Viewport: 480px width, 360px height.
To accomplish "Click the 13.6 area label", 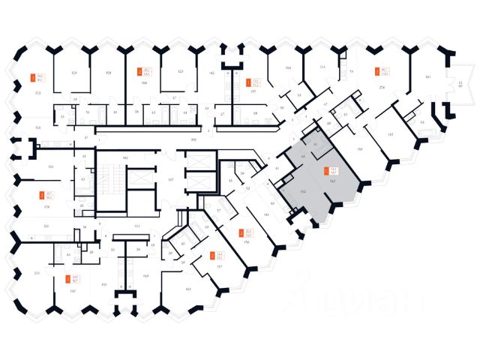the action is click(38, 128).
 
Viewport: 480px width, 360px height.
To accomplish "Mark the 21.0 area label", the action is click(37, 273).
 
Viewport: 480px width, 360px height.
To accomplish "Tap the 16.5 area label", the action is click(391, 134).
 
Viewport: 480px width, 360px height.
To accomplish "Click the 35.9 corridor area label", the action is click(193, 139).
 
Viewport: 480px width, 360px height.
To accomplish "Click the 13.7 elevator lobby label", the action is click(171, 181).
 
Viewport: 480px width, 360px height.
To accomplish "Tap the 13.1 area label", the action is click(137, 226).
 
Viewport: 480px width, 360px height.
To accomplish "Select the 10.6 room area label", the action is click(287, 68).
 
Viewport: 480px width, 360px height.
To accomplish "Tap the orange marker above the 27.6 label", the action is click(376, 73).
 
